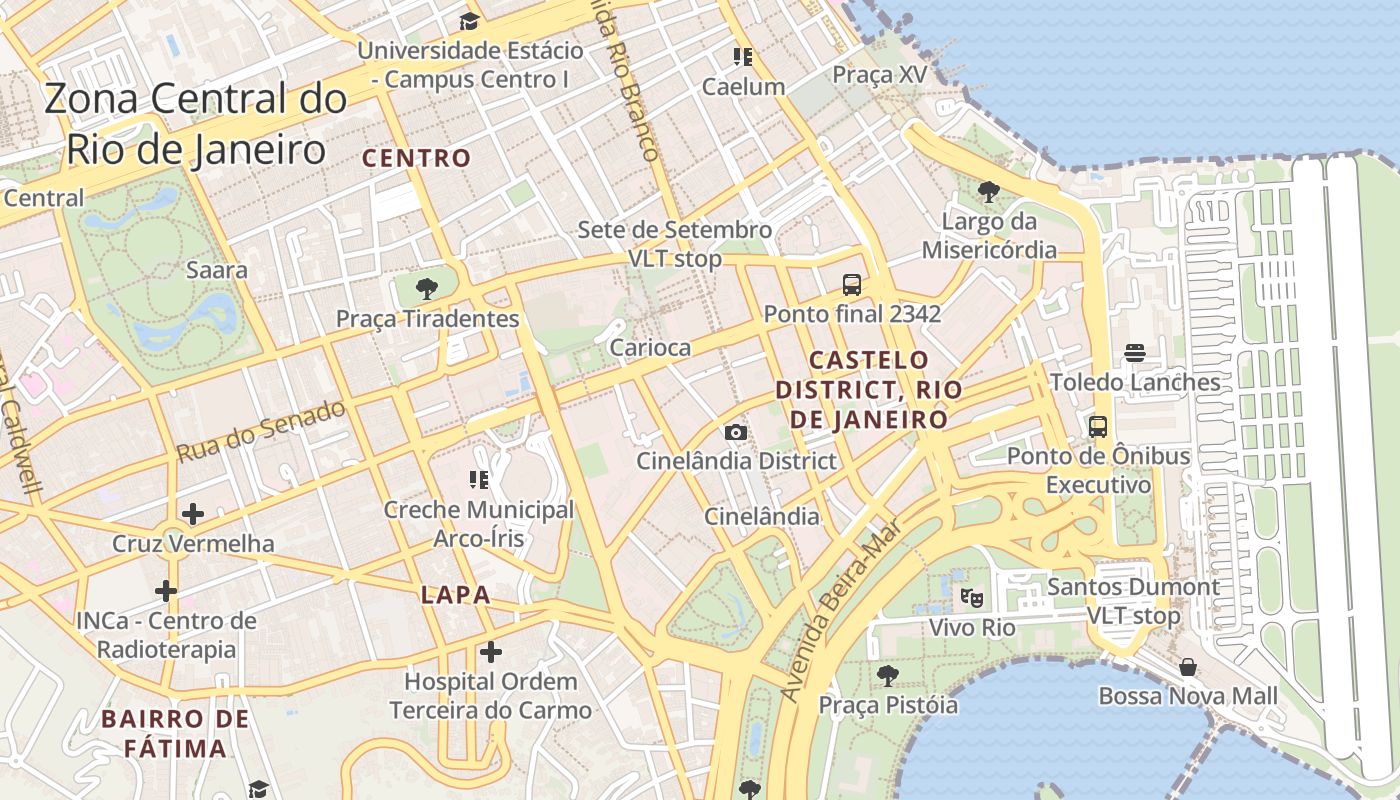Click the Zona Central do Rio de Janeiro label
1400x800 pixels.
[x=196, y=124]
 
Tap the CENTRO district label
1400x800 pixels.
[x=416, y=158]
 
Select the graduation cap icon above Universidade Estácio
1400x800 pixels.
[x=469, y=21]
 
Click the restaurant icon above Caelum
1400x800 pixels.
[x=742, y=56]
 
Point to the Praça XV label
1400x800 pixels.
[x=880, y=75]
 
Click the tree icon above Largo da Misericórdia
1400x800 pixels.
[x=988, y=190]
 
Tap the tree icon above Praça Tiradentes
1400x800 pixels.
[x=427, y=289]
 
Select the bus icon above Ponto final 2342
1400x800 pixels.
[x=852, y=284]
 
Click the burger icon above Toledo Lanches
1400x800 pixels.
[x=1134, y=352]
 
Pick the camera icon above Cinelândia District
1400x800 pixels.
[x=736, y=432]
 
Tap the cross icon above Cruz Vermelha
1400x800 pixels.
[x=193, y=514]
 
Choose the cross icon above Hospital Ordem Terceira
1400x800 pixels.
[x=490, y=652]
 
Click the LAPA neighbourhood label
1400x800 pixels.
[x=456, y=595]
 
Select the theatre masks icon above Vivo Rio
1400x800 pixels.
[x=971, y=598]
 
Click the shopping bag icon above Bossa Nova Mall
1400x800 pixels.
[x=1188, y=666]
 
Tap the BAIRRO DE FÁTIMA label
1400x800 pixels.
[x=175, y=733]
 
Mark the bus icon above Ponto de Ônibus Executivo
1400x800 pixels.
[x=1098, y=427]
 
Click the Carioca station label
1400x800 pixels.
[x=650, y=348]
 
